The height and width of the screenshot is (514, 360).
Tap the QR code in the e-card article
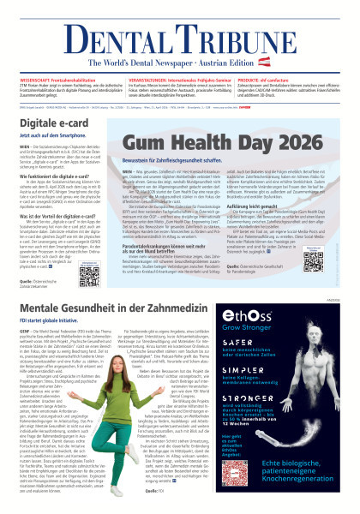pos(92,276)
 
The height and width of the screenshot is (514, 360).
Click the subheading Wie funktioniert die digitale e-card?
pos(64,176)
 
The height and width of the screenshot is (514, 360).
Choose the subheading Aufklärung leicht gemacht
pos(285,212)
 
